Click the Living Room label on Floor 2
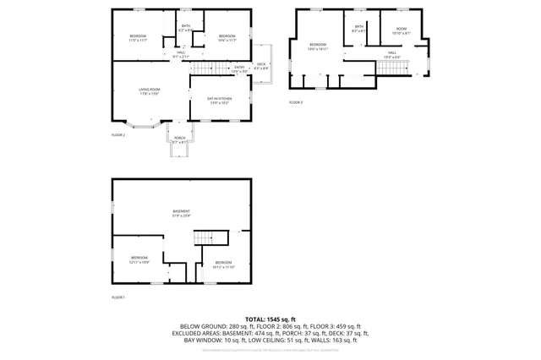[x=150, y=92]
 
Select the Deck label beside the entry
[x=261, y=66]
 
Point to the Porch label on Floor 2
[x=179, y=139]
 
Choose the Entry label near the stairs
[x=239, y=68]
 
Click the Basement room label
[x=182, y=213]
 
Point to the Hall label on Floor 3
[x=392, y=54]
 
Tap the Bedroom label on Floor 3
[x=318, y=46]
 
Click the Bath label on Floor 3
[x=358, y=29]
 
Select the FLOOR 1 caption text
[x=118, y=297]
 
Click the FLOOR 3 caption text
[x=295, y=102]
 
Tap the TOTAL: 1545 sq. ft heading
[x=270, y=319]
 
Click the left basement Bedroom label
[x=139, y=259]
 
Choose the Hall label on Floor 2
[x=181, y=54]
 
